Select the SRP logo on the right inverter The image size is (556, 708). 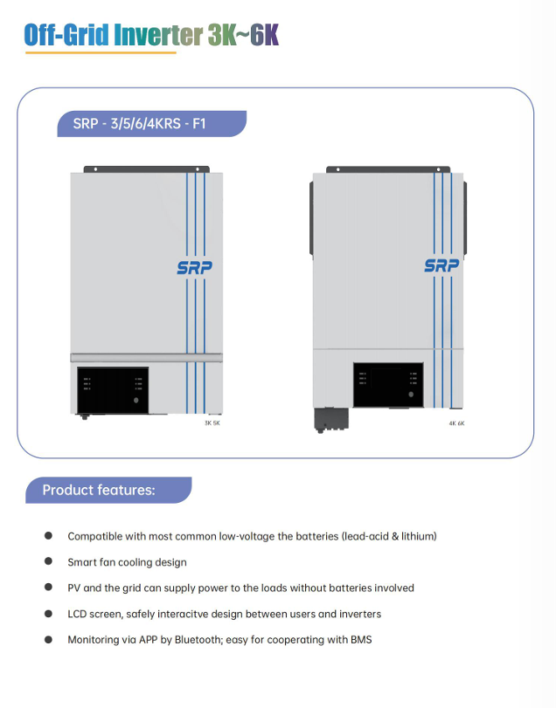[x=441, y=265]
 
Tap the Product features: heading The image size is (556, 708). [x=99, y=490]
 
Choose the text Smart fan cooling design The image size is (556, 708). [x=127, y=562]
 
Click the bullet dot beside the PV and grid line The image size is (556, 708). [x=48, y=588]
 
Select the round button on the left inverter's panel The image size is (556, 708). [x=136, y=401]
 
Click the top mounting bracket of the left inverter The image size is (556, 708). [x=147, y=168]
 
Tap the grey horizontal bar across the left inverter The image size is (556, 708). [x=147, y=357]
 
